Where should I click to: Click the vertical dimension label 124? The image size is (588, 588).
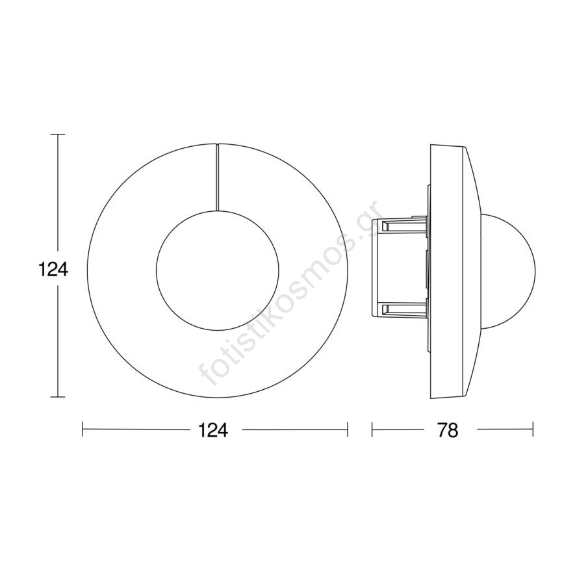[x=53, y=269]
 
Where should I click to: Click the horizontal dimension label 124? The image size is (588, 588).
[x=212, y=430]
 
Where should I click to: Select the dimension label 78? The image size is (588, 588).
[x=448, y=430]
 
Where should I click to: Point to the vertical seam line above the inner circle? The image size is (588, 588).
[x=218, y=177]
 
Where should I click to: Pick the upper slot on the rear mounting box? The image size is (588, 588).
[x=404, y=225]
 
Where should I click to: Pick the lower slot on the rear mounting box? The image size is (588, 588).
[x=404, y=309]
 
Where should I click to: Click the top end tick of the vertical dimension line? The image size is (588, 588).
[x=57, y=134]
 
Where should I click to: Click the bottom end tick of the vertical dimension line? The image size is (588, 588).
[x=57, y=396]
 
